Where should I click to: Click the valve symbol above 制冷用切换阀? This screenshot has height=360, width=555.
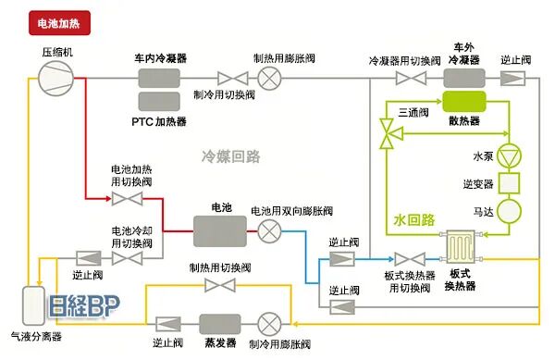226,79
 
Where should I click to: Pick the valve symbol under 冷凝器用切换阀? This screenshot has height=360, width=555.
405,79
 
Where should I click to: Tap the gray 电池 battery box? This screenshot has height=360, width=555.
219,230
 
